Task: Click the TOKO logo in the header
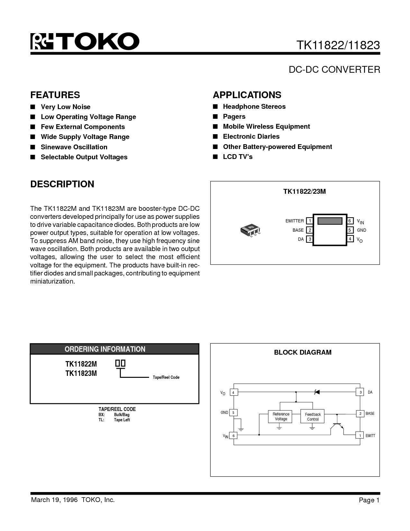(85, 42)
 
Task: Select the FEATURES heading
(55, 95)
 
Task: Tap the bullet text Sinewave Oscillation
(74, 147)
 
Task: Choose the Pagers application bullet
(234, 116)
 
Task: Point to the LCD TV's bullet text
(238, 157)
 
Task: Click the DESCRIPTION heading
(62, 184)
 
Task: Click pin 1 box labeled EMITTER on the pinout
(309, 221)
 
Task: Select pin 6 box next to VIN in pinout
(350, 221)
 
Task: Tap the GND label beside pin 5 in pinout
(361, 230)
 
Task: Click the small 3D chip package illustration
(250, 230)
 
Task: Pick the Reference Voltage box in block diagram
(281, 416)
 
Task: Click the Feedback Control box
(313, 417)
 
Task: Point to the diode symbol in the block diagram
(316, 392)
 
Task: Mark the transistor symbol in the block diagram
(337, 426)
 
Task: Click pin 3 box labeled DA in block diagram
(360, 392)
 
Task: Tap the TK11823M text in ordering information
(81, 373)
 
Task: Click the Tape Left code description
(122, 420)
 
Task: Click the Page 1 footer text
(369, 500)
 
